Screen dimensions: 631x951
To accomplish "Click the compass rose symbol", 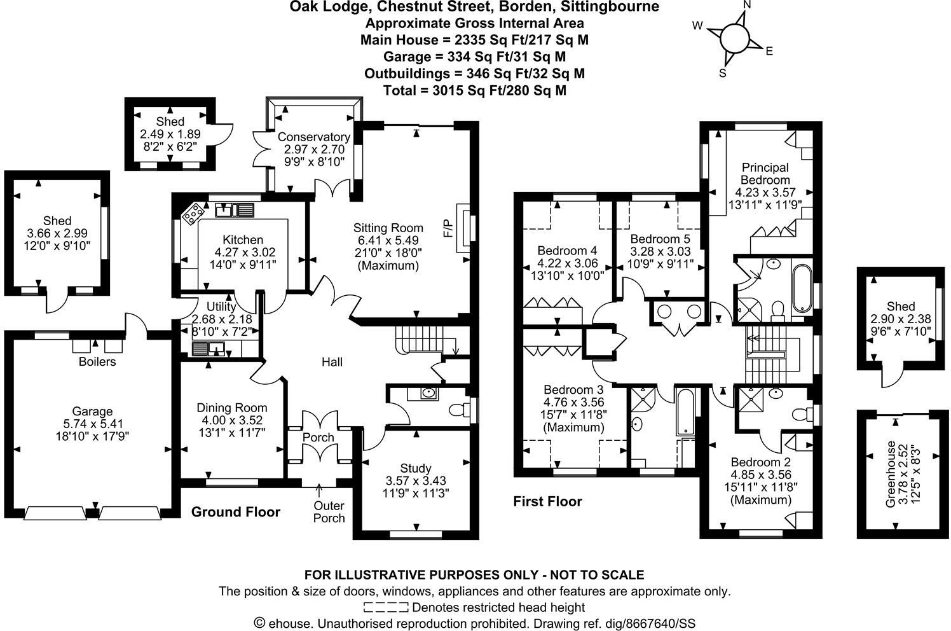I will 735,38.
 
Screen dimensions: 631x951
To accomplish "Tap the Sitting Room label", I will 388,228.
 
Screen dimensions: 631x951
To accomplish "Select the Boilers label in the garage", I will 97,361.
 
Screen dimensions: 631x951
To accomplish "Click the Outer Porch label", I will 329,511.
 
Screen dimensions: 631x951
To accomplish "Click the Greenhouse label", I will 891,474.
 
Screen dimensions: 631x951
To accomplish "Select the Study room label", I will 416,468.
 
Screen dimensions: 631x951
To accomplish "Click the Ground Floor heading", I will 235,512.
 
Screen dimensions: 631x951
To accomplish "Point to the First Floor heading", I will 547,501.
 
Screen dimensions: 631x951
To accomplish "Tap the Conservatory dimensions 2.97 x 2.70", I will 313,149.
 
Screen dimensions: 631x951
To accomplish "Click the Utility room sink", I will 208,348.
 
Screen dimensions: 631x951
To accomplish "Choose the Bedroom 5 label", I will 660,239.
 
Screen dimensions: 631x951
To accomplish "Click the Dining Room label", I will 231,408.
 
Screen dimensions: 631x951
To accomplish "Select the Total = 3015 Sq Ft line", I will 474,90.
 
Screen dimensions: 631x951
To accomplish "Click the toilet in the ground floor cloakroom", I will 457,409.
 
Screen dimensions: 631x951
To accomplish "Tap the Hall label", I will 332,362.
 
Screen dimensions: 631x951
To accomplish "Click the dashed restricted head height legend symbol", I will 386,607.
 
